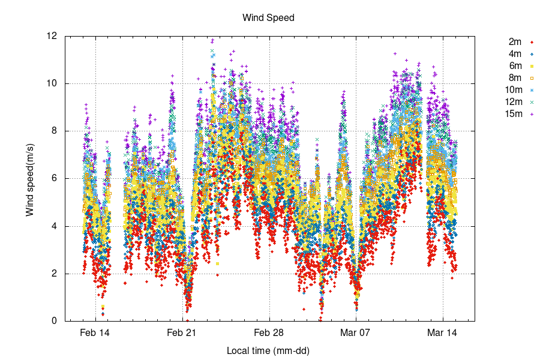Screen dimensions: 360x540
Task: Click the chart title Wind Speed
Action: [268, 17]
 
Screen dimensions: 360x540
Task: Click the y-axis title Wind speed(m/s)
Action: [29, 178]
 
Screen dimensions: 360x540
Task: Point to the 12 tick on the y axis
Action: [53, 36]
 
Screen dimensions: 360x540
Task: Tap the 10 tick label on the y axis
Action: [53, 83]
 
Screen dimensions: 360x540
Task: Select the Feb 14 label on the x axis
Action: [95, 332]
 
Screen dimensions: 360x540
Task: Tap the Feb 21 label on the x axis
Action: [182, 332]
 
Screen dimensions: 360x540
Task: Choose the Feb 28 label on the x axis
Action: [269, 332]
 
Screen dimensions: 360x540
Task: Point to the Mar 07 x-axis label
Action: [356, 332]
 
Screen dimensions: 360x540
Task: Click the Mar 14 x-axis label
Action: [443, 332]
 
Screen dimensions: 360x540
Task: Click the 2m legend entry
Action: [515, 41]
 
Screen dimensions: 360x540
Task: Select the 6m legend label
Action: [515, 65]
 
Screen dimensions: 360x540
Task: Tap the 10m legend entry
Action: [513, 89]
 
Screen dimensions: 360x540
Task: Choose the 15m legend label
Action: [513, 113]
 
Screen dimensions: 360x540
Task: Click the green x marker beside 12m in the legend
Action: [532, 101]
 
